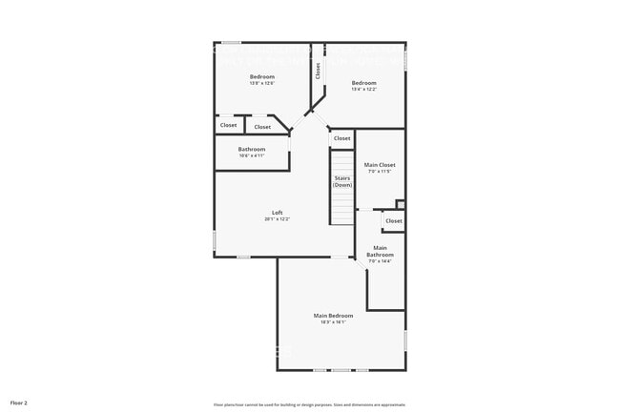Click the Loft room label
[277, 213]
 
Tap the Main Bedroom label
[333, 316]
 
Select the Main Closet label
[380, 165]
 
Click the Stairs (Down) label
[342, 181]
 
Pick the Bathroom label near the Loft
[252, 149]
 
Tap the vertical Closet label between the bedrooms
[318, 72]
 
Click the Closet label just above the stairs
[341, 138]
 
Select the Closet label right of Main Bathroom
[393, 221]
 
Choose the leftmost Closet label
[229, 125]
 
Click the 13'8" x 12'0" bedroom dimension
[262, 84]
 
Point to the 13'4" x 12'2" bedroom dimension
[363, 90]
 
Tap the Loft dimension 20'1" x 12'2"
[277, 219]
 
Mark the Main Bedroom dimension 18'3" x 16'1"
[333, 322]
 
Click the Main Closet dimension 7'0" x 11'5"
[380, 172]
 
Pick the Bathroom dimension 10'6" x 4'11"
[252, 155]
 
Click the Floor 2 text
[19, 403]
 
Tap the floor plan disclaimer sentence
[309, 403]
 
